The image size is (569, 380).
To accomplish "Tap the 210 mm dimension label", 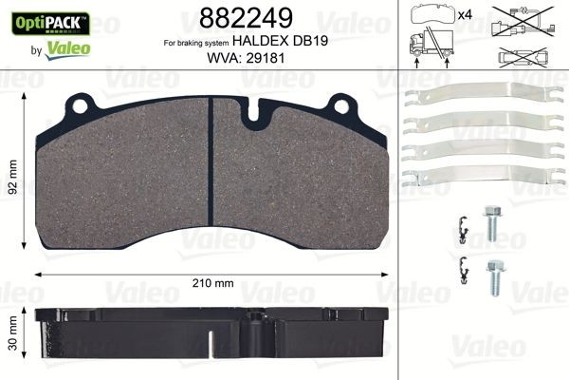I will pyautogui.click(x=213, y=282).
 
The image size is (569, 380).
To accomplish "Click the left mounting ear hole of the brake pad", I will pyautogui.click(x=84, y=103).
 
